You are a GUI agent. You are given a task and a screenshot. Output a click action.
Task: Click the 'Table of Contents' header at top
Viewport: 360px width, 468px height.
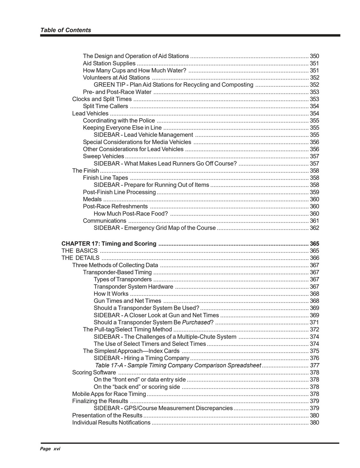[x=66, y=30]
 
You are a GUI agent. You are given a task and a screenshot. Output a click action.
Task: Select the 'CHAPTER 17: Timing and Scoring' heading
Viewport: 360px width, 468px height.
[x=109, y=244]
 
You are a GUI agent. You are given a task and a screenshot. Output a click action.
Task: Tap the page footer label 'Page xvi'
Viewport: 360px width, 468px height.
[x=50, y=449]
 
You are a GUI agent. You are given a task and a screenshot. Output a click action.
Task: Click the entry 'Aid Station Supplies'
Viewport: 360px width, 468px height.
[x=109, y=63]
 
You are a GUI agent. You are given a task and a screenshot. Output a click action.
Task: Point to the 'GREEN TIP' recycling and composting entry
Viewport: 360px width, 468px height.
[x=173, y=85]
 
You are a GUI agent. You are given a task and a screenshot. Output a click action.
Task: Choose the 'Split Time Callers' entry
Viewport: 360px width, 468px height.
[x=105, y=106]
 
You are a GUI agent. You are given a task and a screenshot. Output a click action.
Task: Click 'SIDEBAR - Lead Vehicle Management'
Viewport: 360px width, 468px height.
[x=143, y=135]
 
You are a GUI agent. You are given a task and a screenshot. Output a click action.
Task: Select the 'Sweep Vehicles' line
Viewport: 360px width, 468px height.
[x=104, y=156]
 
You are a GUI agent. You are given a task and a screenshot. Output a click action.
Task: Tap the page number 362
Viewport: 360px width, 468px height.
[x=314, y=228]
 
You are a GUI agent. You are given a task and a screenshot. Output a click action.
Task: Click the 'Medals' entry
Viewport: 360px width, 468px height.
[x=92, y=199]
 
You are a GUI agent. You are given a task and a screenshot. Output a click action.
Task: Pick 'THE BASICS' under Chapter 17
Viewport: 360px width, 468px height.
[x=79, y=251]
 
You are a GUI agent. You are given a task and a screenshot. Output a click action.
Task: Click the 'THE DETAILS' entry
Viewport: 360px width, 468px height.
[x=80, y=258]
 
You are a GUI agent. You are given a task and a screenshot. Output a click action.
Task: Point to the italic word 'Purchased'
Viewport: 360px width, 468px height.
[x=196, y=322]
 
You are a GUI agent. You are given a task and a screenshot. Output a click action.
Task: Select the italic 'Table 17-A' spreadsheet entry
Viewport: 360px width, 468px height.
[x=178, y=365]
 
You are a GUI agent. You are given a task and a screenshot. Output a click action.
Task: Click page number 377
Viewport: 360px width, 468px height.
[x=314, y=365]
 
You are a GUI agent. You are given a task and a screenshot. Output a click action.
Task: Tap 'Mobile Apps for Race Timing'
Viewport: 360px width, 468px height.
[x=109, y=394]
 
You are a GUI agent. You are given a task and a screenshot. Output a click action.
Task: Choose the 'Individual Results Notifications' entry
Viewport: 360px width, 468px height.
[x=111, y=423]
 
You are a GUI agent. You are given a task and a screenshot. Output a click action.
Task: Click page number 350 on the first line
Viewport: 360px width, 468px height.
[x=314, y=56]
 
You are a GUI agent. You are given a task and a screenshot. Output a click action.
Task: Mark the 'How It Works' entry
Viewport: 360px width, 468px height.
[x=111, y=294]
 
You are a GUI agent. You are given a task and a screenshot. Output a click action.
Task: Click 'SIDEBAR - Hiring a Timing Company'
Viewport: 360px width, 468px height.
[x=141, y=358]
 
